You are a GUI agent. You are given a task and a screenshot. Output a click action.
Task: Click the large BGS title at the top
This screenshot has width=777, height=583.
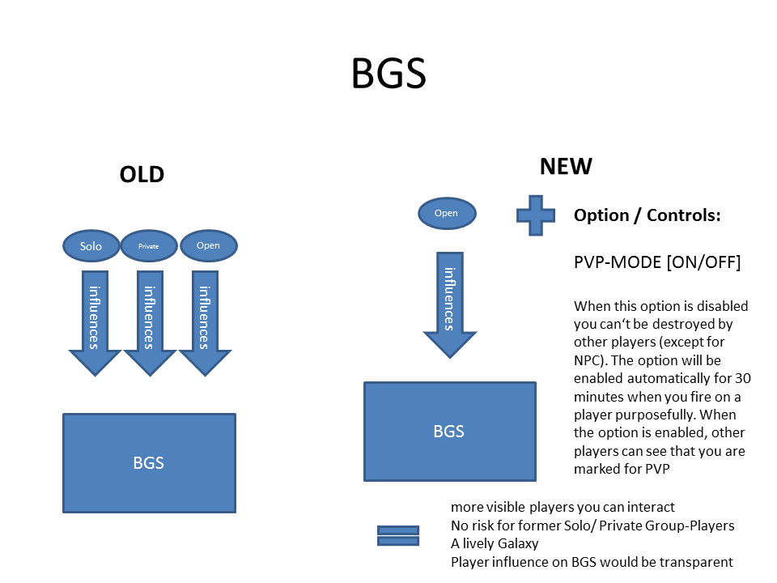tap(388, 74)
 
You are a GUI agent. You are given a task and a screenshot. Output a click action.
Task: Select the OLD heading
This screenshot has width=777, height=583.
tap(142, 175)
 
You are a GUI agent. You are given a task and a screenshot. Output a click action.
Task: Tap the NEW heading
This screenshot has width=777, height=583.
tap(566, 167)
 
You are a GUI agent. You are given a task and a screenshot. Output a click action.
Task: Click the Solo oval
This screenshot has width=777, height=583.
tap(91, 246)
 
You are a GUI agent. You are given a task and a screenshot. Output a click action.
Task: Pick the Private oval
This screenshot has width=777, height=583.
tap(149, 246)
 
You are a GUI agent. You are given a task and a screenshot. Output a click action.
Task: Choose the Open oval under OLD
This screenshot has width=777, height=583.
tap(209, 245)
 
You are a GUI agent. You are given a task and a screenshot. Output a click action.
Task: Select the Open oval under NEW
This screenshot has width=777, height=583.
tap(447, 213)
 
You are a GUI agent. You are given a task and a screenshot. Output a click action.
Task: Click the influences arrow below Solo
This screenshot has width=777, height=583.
tap(95, 323)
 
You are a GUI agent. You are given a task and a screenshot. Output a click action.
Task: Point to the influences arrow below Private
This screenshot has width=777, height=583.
tap(150, 323)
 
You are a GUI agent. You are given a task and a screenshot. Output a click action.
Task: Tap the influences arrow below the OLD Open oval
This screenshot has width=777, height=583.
tap(205, 323)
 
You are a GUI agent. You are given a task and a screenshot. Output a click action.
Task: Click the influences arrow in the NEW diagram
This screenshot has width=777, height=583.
tap(449, 305)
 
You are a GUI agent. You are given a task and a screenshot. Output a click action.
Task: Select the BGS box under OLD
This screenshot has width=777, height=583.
tap(149, 463)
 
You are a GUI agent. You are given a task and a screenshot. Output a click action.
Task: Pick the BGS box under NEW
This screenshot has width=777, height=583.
tap(450, 432)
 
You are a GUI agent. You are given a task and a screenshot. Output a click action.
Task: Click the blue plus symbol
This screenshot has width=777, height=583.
tap(536, 215)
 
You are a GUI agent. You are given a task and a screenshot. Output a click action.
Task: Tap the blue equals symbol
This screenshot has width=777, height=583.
tap(398, 536)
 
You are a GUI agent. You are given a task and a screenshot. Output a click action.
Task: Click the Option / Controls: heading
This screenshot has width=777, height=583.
tap(647, 215)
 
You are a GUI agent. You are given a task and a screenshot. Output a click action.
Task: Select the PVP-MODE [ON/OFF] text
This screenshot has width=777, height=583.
tap(657, 262)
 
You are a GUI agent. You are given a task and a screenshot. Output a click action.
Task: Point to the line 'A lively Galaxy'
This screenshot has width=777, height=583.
tap(495, 544)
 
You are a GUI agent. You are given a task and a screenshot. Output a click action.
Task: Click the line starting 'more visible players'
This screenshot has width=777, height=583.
tap(563, 507)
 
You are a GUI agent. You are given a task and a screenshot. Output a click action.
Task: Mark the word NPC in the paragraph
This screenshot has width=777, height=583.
tap(587, 360)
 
